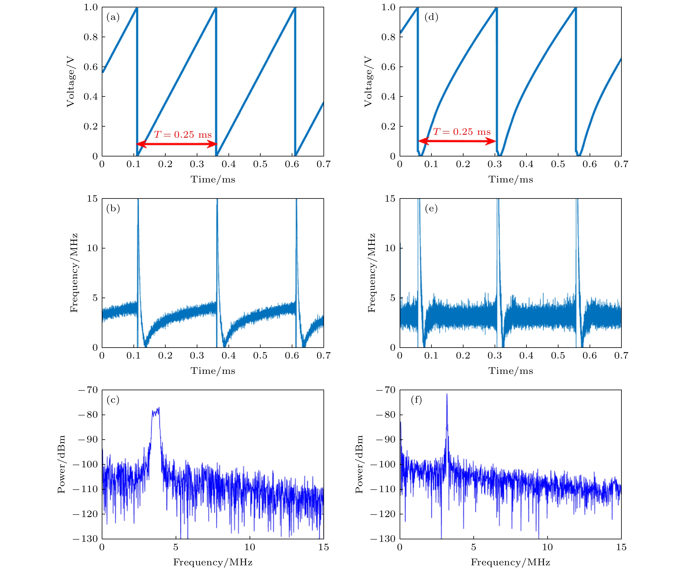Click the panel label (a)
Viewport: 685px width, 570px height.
[x=113, y=17]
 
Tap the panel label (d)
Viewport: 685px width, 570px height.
[x=431, y=17]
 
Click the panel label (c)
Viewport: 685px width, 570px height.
[x=113, y=400]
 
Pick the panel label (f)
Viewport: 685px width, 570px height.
[x=416, y=400]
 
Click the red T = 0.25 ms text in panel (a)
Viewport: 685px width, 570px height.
[x=183, y=135]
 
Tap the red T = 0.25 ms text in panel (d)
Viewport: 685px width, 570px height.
[x=462, y=132]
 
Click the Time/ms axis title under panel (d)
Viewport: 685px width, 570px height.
[x=511, y=179]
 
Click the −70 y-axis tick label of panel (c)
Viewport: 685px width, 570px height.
[x=88, y=390]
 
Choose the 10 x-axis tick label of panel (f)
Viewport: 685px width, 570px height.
[x=547, y=547]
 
